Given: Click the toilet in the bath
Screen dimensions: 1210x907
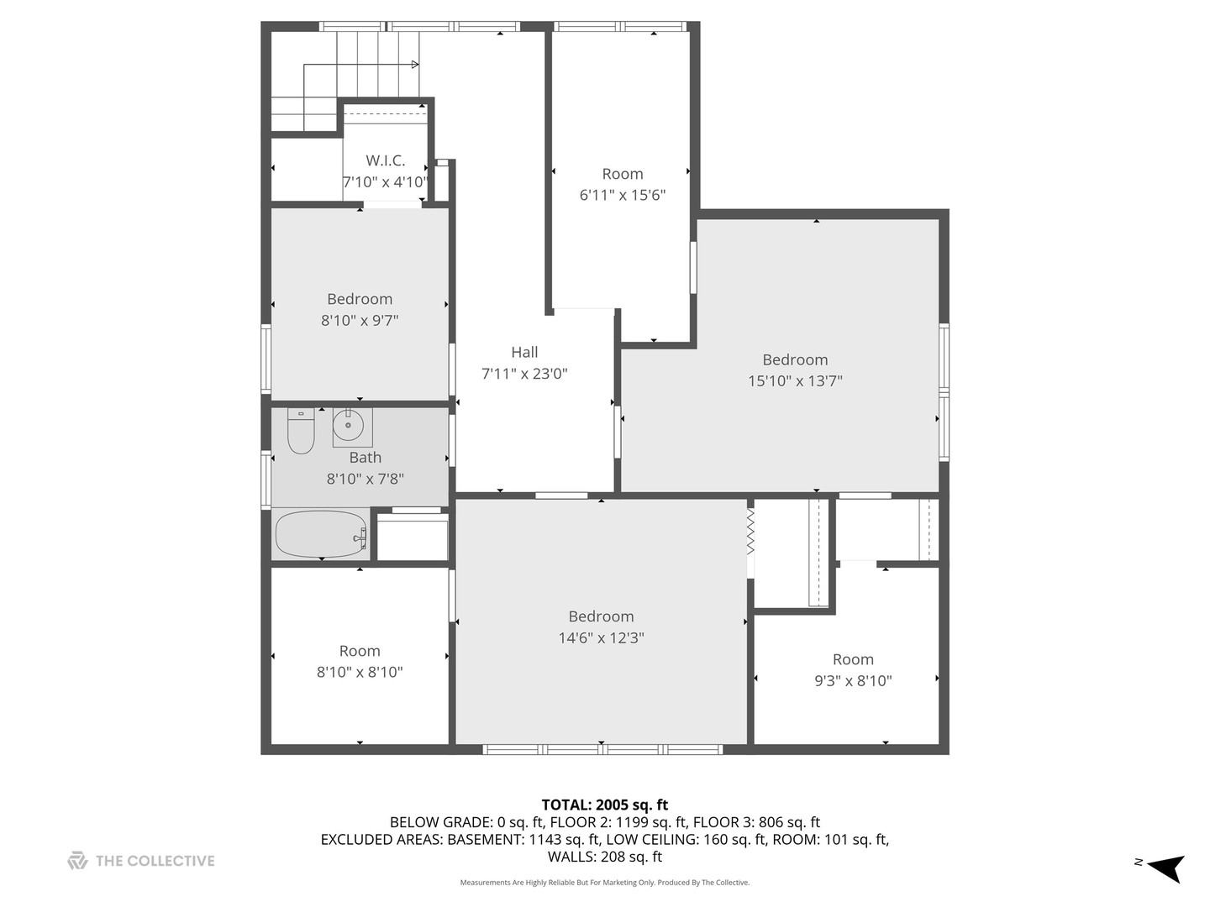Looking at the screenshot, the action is click(301, 431).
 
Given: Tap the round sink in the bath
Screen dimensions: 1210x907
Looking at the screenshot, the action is click(349, 425).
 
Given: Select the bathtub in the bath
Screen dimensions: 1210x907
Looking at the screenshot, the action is click(321, 534).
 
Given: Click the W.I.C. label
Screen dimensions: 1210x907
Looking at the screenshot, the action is click(386, 160).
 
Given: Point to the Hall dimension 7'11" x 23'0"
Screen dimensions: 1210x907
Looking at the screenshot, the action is click(524, 374).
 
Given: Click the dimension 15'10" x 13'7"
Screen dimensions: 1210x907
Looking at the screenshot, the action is click(795, 380).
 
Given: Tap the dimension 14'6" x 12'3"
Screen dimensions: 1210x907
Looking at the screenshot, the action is click(601, 637).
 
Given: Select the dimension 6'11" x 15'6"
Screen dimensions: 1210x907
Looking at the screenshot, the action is click(623, 195).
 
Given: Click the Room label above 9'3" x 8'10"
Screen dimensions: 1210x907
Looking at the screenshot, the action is click(853, 659).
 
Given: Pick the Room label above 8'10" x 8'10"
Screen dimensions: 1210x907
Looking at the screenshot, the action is click(360, 651).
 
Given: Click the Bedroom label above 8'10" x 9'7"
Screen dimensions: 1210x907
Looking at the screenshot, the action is click(360, 299).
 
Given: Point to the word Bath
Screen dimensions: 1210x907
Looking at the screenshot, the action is click(365, 458).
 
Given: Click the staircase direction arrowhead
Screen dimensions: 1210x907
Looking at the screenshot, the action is click(415, 65).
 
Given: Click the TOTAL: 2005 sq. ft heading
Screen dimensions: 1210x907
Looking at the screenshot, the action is click(605, 805).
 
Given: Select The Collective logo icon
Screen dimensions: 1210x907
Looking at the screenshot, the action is click(77, 861).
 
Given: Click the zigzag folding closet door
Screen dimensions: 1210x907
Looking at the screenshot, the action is click(750, 531).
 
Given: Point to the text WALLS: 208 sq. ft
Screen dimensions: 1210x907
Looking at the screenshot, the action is click(605, 857).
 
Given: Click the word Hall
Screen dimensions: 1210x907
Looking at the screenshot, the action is click(524, 353).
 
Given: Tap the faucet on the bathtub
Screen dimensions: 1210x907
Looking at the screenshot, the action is click(361, 535).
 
